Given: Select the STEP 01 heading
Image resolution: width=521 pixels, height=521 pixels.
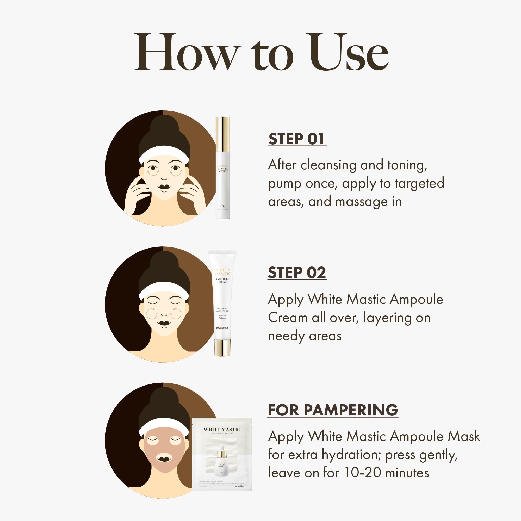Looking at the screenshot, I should click(297, 139).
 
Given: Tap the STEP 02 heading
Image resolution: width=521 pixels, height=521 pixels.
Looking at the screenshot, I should click(297, 273).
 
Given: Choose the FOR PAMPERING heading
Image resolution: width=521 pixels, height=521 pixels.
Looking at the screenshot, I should click(333, 410).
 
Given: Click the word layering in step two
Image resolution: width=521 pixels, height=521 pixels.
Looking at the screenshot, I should click(387, 318).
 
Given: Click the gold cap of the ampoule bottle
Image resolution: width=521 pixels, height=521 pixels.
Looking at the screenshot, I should click(222, 133).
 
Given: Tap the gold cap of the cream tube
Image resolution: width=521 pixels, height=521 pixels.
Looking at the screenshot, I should click(222, 348).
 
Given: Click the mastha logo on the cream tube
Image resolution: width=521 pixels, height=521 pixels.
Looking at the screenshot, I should click(222, 328).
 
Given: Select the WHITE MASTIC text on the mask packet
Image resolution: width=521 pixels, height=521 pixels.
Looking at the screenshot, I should click(222, 429).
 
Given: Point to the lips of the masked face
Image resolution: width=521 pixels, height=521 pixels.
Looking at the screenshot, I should click(164, 459).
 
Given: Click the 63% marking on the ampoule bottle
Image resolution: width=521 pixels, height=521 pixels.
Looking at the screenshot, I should click(223, 206).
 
